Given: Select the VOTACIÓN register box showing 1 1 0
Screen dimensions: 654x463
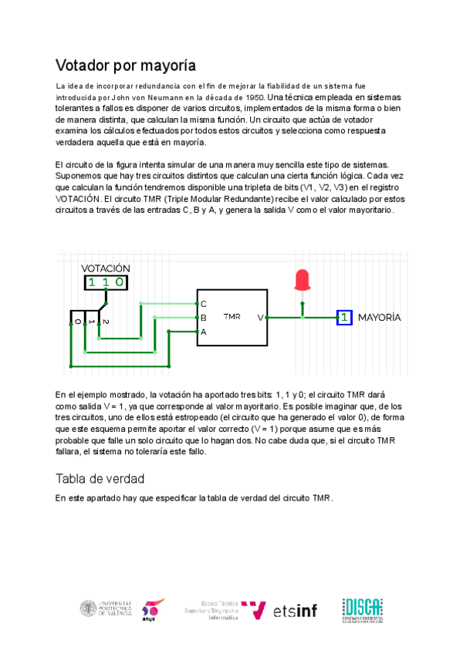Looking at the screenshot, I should pyautogui.click(x=106, y=282).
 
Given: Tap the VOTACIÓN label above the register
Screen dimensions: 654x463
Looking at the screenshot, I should pyautogui.click(x=106, y=268).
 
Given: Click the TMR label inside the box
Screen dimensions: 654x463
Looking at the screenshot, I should pyautogui.click(x=231, y=317).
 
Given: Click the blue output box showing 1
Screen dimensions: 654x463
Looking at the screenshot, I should pyautogui.click(x=344, y=317).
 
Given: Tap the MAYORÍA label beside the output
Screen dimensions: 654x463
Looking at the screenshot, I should pyautogui.click(x=379, y=317).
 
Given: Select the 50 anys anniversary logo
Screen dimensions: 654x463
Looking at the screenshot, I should pyautogui.click(x=152, y=608).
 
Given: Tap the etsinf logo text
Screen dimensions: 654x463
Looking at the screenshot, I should pyautogui.click(x=295, y=611).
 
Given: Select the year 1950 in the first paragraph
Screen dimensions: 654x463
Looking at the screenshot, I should pyautogui.click(x=254, y=99).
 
